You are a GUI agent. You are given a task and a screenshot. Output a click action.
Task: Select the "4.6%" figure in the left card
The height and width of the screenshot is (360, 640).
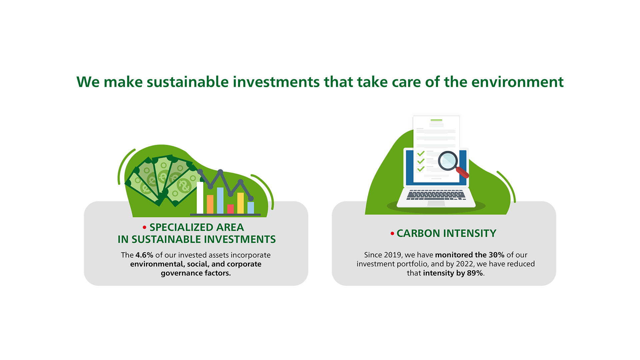[144, 255]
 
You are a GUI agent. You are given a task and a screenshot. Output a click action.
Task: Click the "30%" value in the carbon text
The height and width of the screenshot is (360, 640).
[496, 255]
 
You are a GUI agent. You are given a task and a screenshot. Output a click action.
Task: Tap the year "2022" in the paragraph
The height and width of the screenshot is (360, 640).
[465, 264]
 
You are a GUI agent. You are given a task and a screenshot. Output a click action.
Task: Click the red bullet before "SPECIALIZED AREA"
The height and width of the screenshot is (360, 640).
[144, 227]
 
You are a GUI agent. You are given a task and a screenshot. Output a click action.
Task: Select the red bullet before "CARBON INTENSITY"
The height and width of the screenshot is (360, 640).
[392, 233]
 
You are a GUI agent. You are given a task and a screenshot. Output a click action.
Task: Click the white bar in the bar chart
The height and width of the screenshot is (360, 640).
[200, 198]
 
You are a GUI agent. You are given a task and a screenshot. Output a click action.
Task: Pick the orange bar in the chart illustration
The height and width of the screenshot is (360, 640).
[210, 204]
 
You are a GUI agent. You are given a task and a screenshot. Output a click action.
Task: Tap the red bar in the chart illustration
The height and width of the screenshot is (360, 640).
[230, 209]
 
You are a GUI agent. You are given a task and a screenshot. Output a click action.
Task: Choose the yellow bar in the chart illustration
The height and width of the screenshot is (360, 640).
[240, 203]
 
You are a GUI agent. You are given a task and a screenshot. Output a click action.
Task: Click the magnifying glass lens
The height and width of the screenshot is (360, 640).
[448, 161]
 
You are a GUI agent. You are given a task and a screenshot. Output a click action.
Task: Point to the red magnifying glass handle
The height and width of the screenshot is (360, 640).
[462, 172]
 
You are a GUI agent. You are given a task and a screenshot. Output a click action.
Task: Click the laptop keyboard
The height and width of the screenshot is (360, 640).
[436, 195]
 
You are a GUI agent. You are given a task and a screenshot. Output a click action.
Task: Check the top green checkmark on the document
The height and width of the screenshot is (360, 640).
[421, 153]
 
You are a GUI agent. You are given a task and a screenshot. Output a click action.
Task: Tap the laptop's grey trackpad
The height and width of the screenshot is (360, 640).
[436, 203]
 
